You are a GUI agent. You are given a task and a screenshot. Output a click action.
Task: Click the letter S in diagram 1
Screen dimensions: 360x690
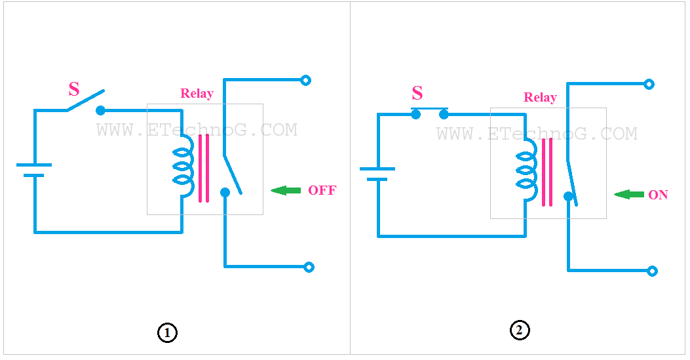74,90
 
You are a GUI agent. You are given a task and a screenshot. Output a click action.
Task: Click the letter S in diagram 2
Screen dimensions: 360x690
417,93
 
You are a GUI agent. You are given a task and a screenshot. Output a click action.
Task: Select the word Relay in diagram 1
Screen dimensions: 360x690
197,93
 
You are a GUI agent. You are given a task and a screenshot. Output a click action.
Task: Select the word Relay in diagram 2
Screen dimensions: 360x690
541,97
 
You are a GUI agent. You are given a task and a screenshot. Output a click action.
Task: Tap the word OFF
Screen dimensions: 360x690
322,190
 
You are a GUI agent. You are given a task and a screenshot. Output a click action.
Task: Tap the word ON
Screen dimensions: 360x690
658,195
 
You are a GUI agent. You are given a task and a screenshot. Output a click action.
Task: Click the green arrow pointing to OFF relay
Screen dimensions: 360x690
286,190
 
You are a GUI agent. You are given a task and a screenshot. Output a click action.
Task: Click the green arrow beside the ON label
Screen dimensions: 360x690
629,194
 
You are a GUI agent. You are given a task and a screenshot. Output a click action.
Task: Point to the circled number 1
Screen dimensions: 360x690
167,333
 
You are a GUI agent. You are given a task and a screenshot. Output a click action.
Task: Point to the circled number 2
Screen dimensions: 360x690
519,330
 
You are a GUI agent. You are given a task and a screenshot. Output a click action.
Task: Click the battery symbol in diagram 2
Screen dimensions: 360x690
377,174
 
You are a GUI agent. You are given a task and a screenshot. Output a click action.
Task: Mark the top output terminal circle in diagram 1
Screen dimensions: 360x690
305,80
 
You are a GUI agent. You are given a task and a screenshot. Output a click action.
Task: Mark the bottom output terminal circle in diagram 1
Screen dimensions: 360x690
309,267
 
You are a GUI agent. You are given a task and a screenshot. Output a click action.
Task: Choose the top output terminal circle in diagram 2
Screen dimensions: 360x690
649,84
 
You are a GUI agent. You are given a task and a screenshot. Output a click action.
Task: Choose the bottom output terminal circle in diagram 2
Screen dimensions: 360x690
652,271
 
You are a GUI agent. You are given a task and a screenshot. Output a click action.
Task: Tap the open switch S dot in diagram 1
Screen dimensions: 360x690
100,110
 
